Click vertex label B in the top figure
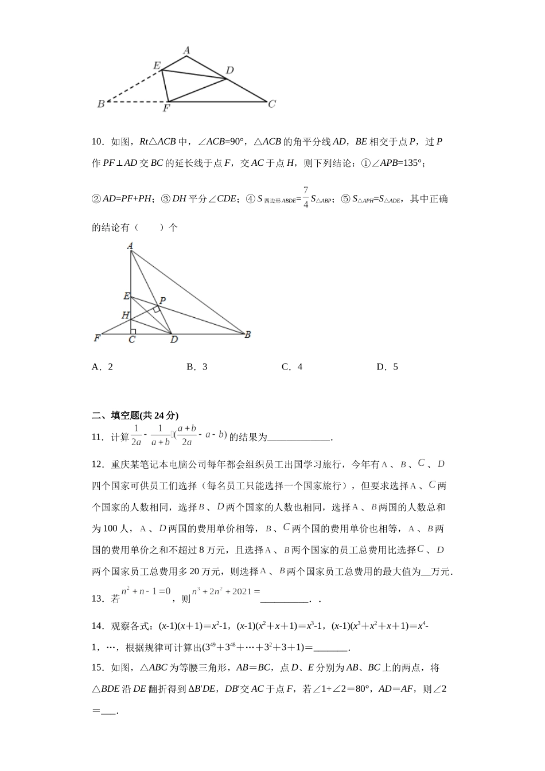[x=101, y=104]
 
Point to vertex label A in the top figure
[x=186, y=51]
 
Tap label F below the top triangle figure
[x=166, y=108]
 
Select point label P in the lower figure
[x=163, y=301]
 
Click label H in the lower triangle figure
[x=124, y=315]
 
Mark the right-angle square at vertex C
[x=133, y=331]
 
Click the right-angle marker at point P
[x=156, y=309]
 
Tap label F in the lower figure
[x=97, y=338]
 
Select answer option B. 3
[x=197, y=367]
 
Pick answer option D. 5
[x=387, y=367]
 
